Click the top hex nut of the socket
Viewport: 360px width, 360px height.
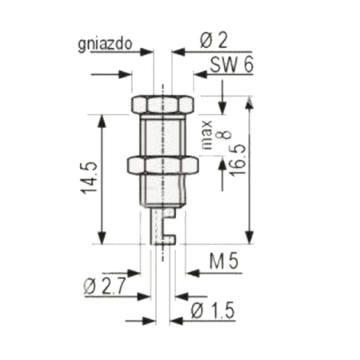(162, 105)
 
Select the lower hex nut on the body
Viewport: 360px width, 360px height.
(162, 166)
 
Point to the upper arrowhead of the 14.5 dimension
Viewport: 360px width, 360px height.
(102, 120)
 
